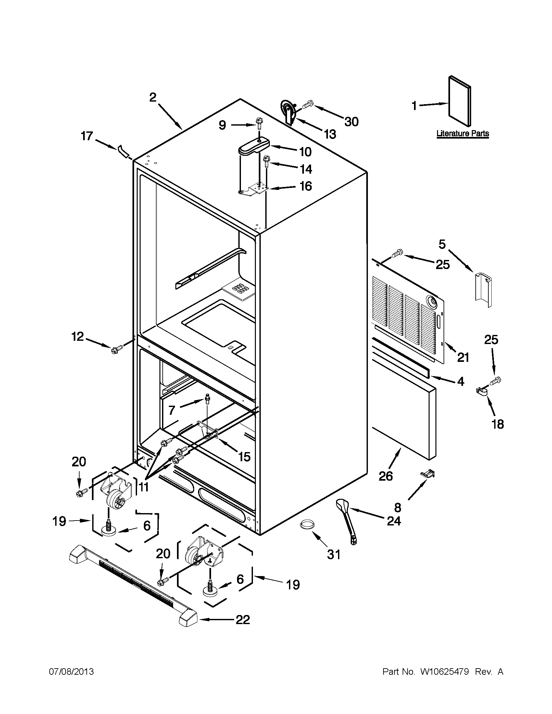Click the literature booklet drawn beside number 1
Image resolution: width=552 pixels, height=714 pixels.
pos(460,102)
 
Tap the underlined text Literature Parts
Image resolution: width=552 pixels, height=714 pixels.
pos(463,133)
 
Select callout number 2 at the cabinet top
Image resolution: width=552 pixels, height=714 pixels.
pos(153,97)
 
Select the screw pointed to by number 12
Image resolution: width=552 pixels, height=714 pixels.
pos(117,349)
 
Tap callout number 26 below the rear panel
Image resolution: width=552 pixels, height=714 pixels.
pos(385,476)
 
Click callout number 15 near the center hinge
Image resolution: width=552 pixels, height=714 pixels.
pos(244,456)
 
